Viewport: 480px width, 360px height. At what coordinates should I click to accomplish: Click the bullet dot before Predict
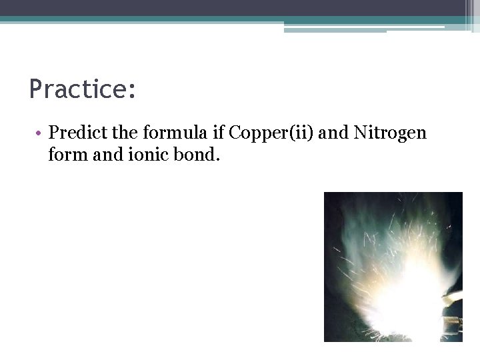[x=41, y=133]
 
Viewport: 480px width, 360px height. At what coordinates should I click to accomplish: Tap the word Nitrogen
[x=390, y=133]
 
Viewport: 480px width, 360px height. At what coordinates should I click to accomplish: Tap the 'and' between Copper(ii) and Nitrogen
[x=333, y=133]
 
